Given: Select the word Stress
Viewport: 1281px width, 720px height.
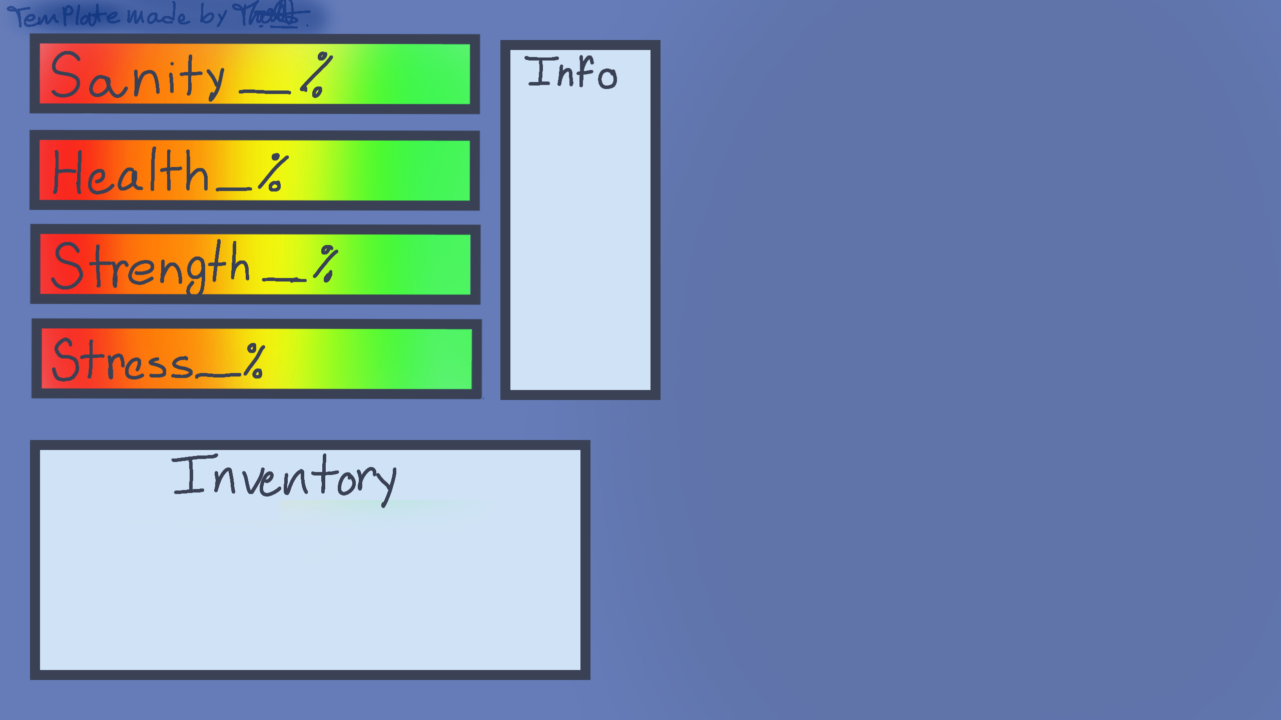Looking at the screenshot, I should [x=123, y=360].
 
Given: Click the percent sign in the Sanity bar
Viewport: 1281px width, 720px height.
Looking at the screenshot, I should [x=317, y=75].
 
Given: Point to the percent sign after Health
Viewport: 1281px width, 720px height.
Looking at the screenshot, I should [x=273, y=173].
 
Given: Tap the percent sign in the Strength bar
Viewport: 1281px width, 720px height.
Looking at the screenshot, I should [x=326, y=263].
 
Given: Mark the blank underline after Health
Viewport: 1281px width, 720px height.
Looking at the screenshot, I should [x=234, y=189].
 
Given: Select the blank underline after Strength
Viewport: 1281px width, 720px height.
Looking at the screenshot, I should [x=284, y=279].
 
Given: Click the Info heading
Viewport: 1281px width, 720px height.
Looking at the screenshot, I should [x=572, y=73].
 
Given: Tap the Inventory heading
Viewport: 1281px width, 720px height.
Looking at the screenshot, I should [x=284, y=477].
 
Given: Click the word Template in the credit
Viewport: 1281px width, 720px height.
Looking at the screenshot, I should [x=64, y=15].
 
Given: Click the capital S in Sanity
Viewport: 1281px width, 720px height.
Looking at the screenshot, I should [x=67, y=75].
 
